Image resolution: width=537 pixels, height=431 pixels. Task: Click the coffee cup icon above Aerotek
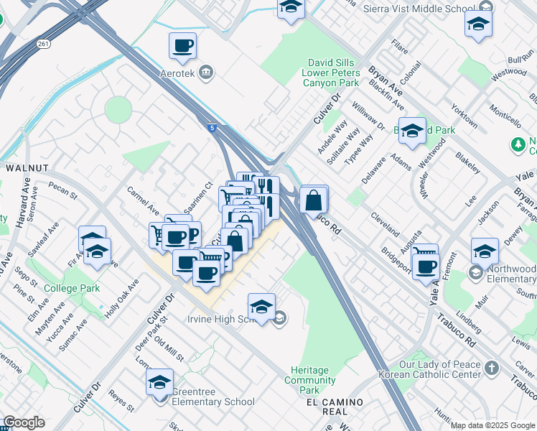click(x=182, y=47)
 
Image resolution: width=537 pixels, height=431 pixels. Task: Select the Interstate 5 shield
click(x=212, y=127)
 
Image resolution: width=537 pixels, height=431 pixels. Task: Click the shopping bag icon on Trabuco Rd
click(x=314, y=200)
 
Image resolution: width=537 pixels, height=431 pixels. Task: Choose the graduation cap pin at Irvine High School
click(x=262, y=307)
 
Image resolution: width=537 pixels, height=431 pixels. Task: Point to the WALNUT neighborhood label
click(x=27, y=167)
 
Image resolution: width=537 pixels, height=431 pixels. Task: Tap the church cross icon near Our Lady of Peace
click(x=491, y=369)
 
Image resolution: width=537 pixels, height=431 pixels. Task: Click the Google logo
click(x=24, y=422)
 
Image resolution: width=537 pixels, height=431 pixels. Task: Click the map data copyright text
click(x=492, y=425)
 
